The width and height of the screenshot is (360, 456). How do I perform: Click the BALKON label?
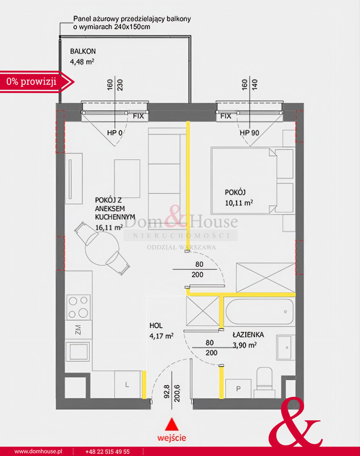pyautogui.click(x=83, y=51)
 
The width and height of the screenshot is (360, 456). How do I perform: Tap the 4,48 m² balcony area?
pyautogui.click(x=82, y=61)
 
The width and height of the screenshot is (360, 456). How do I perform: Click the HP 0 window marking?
pyautogui.click(x=115, y=133)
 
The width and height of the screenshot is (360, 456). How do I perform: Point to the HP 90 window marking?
pyautogui.click(x=249, y=133)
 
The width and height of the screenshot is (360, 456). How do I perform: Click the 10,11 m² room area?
pyautogui.click(x=239, y=202)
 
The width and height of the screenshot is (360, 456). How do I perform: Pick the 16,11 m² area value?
pyautogui.click(x=109, y=227)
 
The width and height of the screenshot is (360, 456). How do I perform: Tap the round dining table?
pyautogui.click(x=102, y=249)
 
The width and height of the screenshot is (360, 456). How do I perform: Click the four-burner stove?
pyautogui.click(x=78, y=307)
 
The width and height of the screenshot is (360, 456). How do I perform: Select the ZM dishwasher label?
pyautogui.click(x=78, y=330)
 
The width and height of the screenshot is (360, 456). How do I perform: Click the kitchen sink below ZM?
pyautogui.click(x=78, y=351)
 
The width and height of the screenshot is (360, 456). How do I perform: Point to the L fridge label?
pyautogui.click(x=127, y=385)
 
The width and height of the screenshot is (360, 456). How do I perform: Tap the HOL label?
pyautogui.click(x=156, y=325)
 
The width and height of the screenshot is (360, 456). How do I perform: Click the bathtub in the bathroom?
pyautogui.click(x=260, y=312)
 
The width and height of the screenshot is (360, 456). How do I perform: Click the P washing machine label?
pyautogui.click(x=238, y=389)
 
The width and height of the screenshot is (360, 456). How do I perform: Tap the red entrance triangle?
pyautogui.click(x=172, y=424)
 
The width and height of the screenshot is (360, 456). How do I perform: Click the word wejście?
pyautogui.click(x=172, y=437)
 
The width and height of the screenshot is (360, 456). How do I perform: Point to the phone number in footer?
pyautogui.click(x=107, y=451)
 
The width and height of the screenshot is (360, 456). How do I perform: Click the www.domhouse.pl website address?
pyautogui.click(x=38, y=451)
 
